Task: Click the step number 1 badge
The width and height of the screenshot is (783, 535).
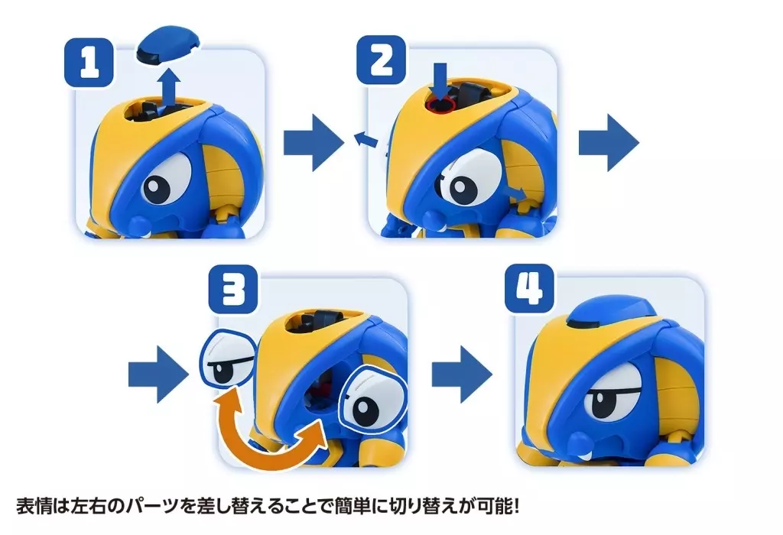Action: pos(89,63)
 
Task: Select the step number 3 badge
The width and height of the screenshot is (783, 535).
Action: pos(233,290)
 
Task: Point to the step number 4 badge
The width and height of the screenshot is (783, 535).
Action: pos(529,288)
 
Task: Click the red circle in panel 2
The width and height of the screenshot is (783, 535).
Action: pos(440,105)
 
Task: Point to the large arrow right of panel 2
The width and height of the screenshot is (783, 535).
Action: pos(609,143)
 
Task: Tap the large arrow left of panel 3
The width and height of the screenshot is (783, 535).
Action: pos(159,374)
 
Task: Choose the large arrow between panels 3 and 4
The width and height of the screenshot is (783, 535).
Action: pos(462,374)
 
